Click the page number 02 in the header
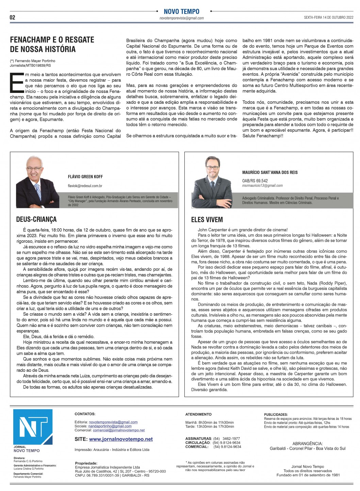click(12, 17)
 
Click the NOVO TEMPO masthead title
click(181, 12)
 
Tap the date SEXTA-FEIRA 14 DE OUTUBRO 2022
click(328, 18)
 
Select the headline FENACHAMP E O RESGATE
click(52, 40)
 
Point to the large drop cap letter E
click(16, 82)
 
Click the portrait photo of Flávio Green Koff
click(38, 182)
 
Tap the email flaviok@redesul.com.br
click(85, 186)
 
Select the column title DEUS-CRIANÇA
click(36, 219)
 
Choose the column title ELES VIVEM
click(207, 220)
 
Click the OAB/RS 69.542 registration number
click(255, 181)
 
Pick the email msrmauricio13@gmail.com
click(262, 185)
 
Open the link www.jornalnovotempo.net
click(121, 439)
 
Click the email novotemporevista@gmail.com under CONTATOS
click(113, 422)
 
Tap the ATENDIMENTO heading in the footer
click(198, 414)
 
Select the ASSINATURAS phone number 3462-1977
click(231, 439)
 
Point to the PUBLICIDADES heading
click(276, 415)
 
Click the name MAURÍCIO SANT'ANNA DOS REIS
click(270, 173)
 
